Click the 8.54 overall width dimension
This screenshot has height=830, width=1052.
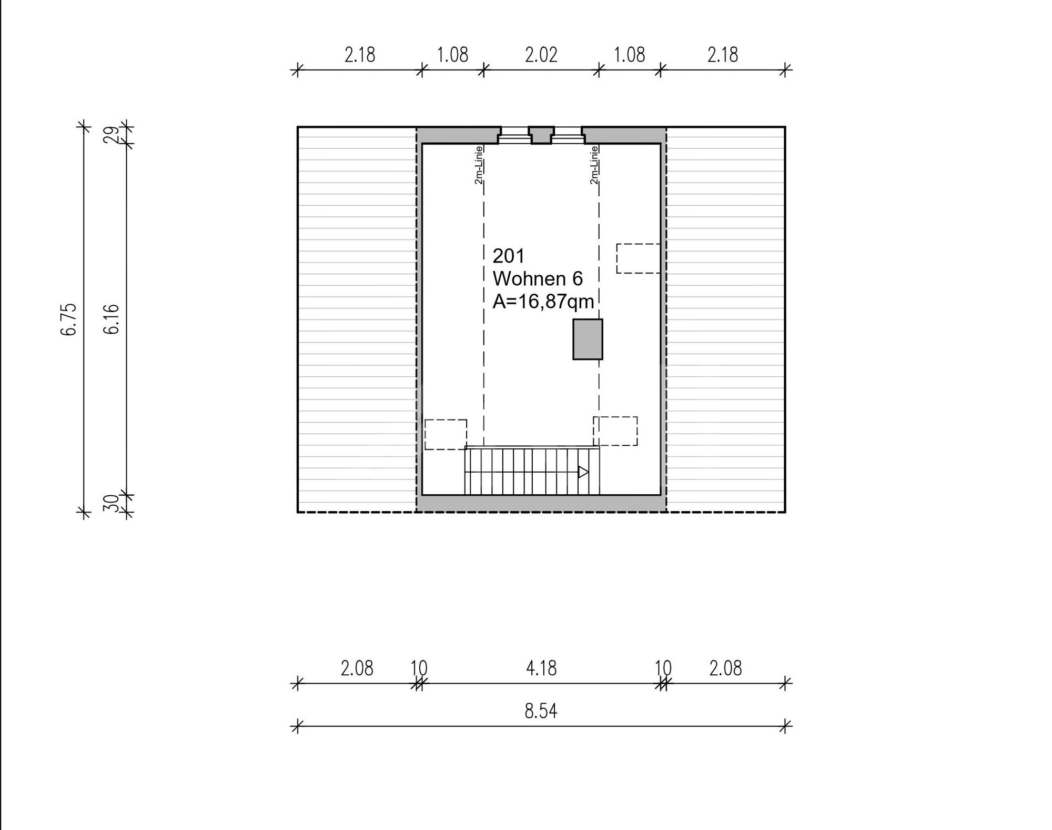tap(541, 711)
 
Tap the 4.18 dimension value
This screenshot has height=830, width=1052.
tap(541, 668)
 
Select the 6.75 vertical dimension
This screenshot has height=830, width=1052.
tap(69, 319)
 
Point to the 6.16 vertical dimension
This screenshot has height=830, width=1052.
tap(112, 319)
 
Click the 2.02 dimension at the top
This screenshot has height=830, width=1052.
tap(541, 55)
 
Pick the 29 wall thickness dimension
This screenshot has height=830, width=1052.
tap(111, 135)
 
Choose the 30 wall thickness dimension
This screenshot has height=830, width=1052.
tap(111, 504)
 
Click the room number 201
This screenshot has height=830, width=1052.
tap(508, 256)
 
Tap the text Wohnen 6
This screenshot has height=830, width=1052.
tap(538, 278)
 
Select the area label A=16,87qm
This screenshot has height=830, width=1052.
tap(543, 301)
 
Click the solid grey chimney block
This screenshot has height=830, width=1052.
tap(588, 339)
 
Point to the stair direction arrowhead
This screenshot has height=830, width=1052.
tap(583, 472)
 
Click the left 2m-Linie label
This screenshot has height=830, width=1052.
tap(479, 165)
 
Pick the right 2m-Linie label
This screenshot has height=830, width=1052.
tap(594, 165)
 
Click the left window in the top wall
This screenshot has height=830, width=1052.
tap(514, 135)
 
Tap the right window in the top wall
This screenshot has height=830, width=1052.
tap(568, 135)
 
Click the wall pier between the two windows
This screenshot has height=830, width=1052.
tap(541, 135)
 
